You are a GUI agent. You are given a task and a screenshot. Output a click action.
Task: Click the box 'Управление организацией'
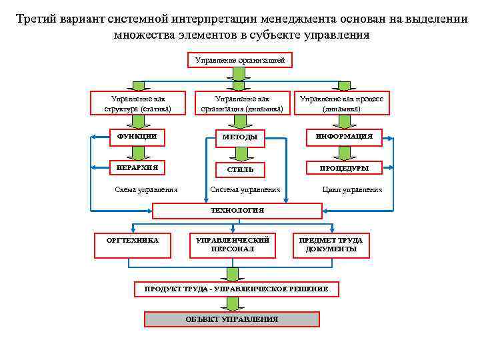click(x=239, y=61)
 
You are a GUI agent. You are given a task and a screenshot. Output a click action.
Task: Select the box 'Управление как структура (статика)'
click(x=137, y=103)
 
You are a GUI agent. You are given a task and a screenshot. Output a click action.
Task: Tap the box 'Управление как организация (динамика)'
click(x=241, y=103)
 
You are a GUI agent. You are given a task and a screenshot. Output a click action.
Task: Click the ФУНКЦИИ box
click(x=137, y=137)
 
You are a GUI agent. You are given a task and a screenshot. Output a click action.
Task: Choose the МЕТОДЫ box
click(x=240, y=137)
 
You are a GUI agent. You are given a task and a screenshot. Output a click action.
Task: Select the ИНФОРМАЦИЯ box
click(x=344, y=137)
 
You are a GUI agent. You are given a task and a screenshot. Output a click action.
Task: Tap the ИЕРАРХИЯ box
click(x=137, y=167)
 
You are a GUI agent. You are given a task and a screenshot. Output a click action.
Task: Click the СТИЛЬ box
click(x=240, y=169)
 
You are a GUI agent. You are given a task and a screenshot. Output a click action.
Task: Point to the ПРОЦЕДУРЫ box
click(x=344, y=168)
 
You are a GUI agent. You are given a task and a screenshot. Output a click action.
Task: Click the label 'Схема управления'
click(x=147, y=189)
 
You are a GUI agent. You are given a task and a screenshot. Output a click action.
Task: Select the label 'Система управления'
click(x=245, y=189)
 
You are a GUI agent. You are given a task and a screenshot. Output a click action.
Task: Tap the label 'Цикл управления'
click(x=352, y=189)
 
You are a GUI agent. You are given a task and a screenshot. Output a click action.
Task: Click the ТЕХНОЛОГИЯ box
click(x=237, y=211)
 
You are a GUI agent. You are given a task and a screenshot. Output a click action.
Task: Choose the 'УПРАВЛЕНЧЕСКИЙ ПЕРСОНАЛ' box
click(x=232, y=245)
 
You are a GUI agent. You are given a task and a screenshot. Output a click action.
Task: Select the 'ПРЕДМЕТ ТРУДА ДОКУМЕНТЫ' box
click(x=331, y=245)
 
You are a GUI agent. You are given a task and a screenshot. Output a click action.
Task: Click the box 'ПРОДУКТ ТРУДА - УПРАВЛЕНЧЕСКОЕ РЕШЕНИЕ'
click(x=237, y=289)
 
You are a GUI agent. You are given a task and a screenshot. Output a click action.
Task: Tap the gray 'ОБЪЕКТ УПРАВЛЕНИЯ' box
click(x=231, y=319)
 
